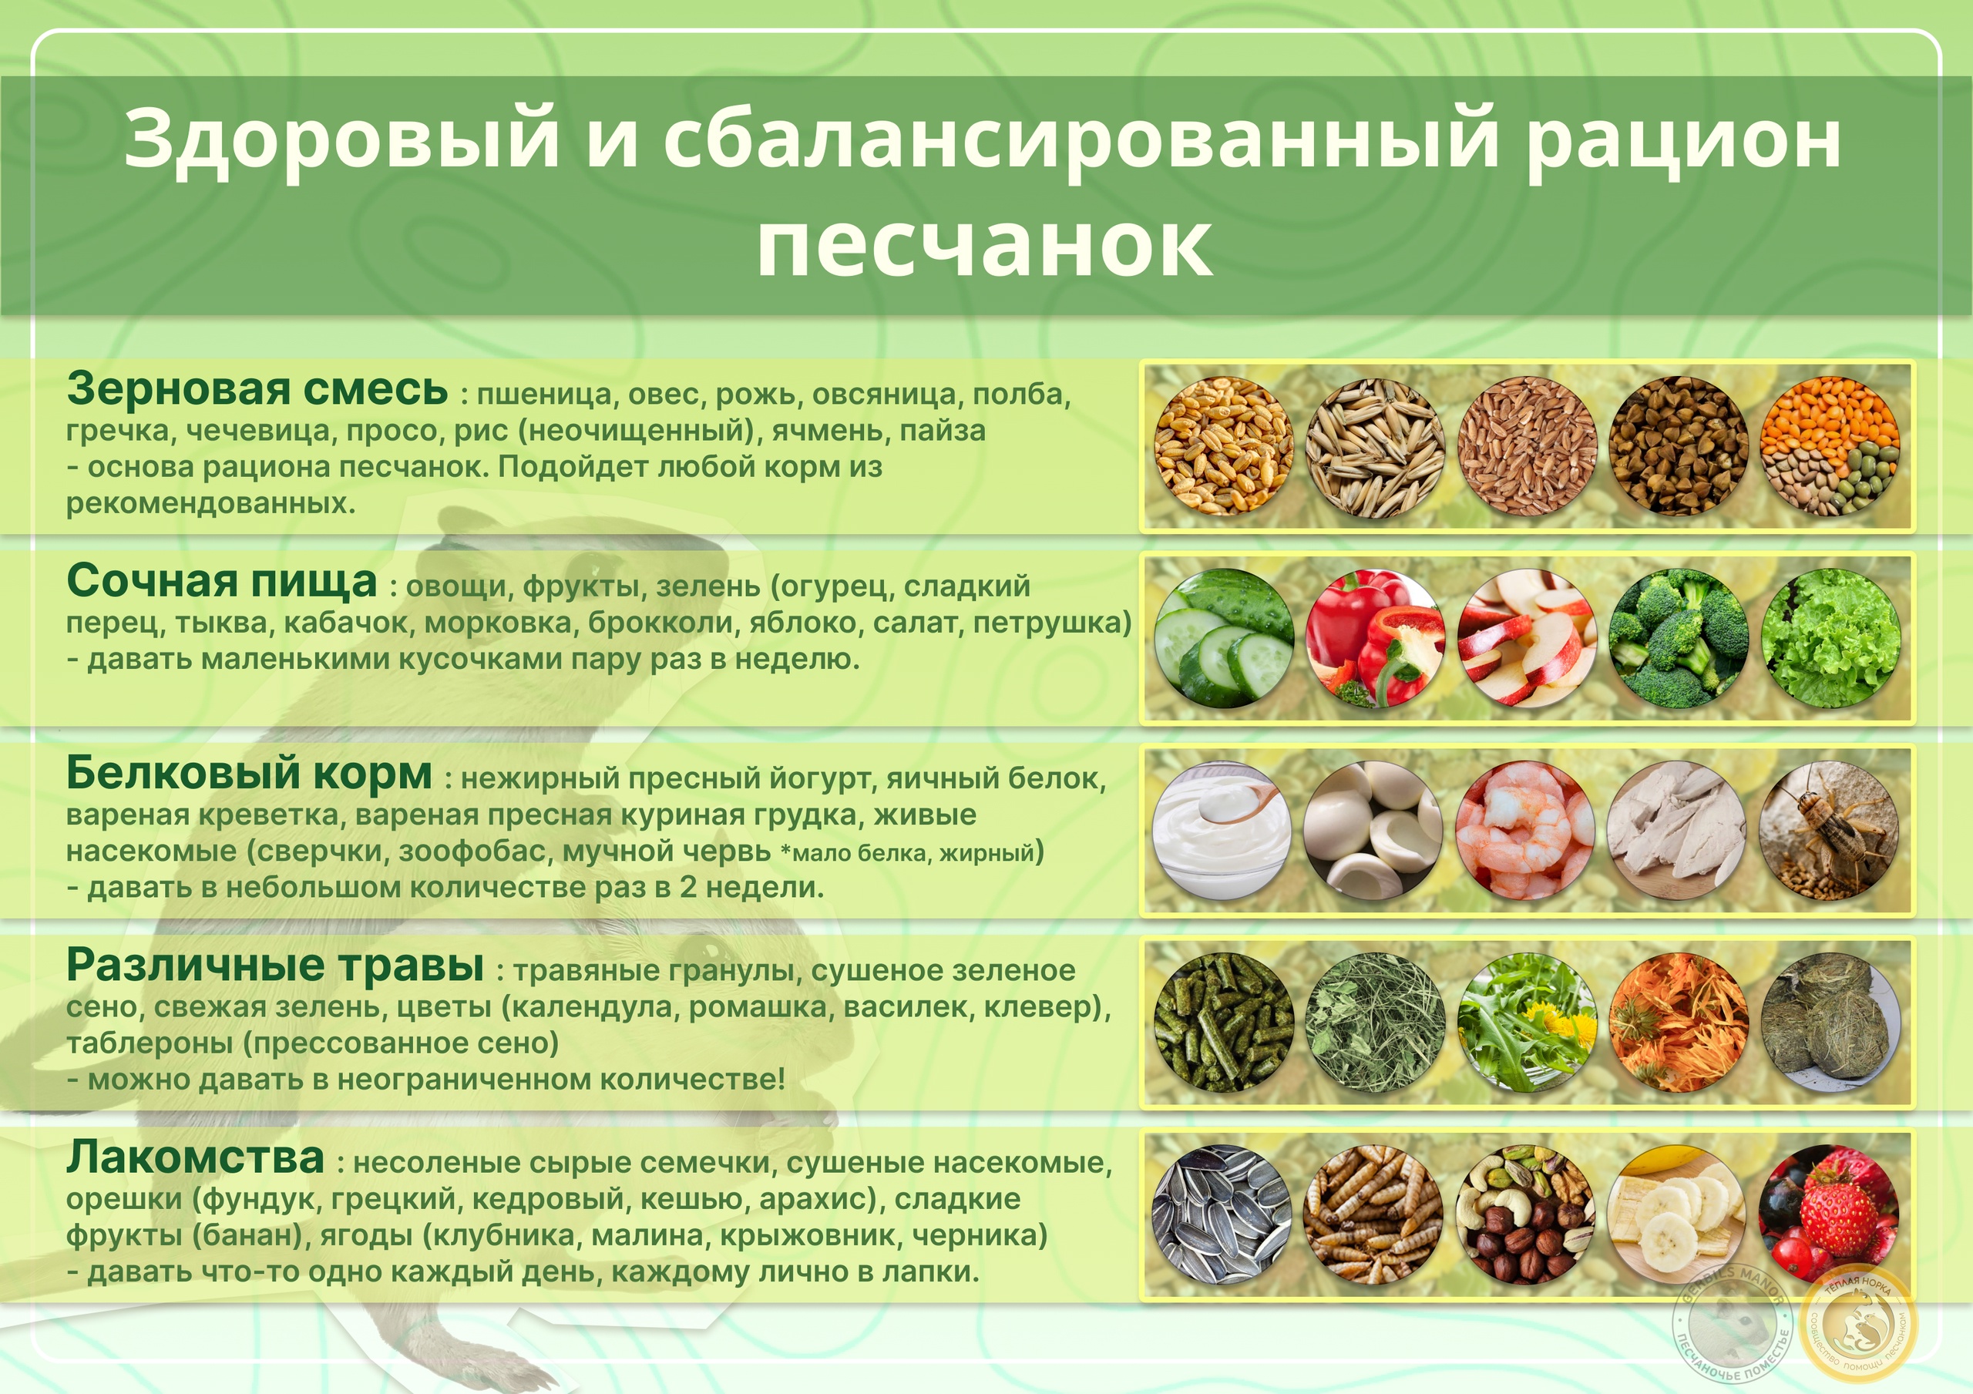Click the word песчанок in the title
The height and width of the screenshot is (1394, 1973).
click(985, 244)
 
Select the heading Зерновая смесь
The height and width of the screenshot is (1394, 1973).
click(257, 388)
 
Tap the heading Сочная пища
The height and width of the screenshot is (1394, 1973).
click(222, 582)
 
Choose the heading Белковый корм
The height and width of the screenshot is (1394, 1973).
click(249, 774)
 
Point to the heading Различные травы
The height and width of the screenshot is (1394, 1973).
click(275, 966)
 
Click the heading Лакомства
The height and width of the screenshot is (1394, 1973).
click(196, 1157)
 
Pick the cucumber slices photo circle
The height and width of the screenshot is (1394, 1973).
click(1224, 639)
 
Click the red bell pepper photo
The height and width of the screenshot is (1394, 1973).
click(1375, 639)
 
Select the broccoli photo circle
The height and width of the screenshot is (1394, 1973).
click(1679, 639)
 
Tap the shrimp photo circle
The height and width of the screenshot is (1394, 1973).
click(1526, 831)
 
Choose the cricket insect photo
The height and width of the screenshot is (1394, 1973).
click(1830, 831)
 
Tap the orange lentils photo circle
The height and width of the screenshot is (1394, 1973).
click(1830, 446)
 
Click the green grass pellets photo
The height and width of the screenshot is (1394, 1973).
click(1224, 1023)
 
